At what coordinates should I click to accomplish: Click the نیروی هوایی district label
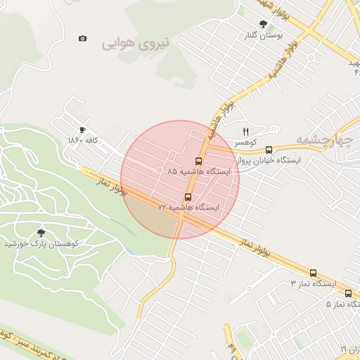[x=136, y=44]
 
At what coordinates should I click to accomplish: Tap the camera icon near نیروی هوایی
[x=83, y=39]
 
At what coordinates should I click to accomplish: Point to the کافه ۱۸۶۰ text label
[x=83, y=141]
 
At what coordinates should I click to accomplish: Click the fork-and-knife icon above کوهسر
[x=245, y=131]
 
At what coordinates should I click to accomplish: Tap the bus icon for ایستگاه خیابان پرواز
[x=269, y=150]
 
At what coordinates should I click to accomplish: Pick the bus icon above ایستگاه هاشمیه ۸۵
[x=198, y=160]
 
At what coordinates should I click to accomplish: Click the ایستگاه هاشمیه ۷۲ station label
[x=188, y=208]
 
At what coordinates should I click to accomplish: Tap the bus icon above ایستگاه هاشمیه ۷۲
[x=187, y=197]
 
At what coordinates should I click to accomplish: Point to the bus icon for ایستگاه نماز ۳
[x=313, y=273]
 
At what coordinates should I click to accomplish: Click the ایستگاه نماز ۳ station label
[x=314, y=284]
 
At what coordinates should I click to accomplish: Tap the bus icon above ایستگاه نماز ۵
[x=348, y=293]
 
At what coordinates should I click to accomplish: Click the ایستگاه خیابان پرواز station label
[x=269, y=160]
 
